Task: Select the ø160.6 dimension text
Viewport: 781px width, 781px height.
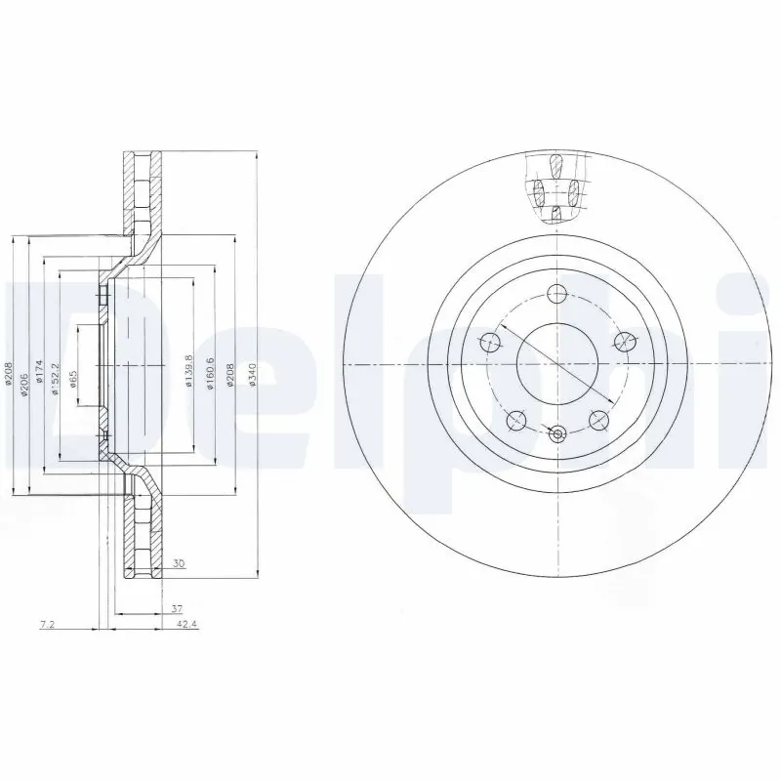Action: [209, 371]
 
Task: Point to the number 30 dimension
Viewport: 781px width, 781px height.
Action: [179, 563]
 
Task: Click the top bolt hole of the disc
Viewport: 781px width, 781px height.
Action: [556, 293]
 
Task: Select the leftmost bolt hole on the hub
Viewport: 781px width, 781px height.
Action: [490, 341]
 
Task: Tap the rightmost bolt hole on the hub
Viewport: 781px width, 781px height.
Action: [623, 341]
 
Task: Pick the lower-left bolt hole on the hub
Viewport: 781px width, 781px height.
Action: [516, 420]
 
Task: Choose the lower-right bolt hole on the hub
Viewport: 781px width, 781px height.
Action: [597, 420]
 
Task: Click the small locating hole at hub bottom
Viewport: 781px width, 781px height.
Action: [557, 436]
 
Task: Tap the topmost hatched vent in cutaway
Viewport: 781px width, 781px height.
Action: [556, 164]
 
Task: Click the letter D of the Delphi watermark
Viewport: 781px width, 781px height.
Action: [39, 371]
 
